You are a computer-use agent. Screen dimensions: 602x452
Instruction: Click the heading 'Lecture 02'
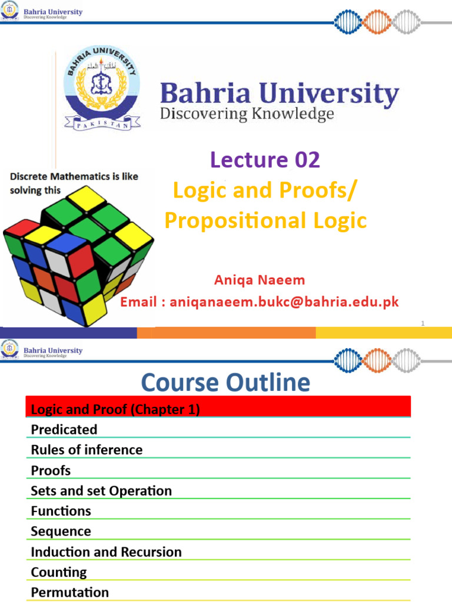pos(265,159)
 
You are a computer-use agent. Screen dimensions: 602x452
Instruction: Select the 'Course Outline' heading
pos(225,383)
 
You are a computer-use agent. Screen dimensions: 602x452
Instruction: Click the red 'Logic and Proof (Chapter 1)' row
pos(218,409)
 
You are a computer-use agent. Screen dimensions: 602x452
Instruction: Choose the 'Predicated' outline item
pos(64,430)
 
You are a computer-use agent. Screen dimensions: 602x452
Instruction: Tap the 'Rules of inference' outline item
pos(87,450)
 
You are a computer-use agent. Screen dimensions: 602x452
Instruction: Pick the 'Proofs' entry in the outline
pos(51,470)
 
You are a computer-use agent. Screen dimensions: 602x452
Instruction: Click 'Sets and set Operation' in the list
pos(101,491)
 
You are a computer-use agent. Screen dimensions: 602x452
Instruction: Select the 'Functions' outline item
pos(61,511)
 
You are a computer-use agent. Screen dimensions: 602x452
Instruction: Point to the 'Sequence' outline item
pos(61,531)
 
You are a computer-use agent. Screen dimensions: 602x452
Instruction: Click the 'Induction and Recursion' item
pos(106,552)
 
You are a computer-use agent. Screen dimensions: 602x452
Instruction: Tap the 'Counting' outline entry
pos(59,572)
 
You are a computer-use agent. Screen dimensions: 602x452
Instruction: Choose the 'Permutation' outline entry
pos(70,592)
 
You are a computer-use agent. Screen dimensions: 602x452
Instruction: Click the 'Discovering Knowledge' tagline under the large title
pos(247,113)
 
